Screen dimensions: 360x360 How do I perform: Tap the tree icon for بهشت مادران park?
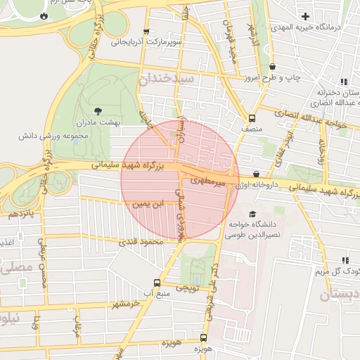tap(98, 110)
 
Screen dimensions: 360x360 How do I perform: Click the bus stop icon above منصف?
tap(252, 118)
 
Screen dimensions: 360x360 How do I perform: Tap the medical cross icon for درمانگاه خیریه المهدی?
tap(304, 16)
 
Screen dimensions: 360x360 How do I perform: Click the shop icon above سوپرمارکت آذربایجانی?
tap(146, 31)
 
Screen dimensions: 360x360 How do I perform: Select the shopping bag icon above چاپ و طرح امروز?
tap(272, 67)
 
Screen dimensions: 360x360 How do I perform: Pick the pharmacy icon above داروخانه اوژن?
tap(256, 173)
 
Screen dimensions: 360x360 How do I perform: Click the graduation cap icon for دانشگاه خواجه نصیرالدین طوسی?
tap(252, 214)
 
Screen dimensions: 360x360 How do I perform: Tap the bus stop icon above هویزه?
tap(203, 337)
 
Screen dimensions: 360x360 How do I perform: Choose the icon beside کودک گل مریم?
tap(344, 260)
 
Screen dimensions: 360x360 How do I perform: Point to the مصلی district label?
tap(17, 268)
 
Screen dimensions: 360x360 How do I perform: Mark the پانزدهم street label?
tap(20, 212)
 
